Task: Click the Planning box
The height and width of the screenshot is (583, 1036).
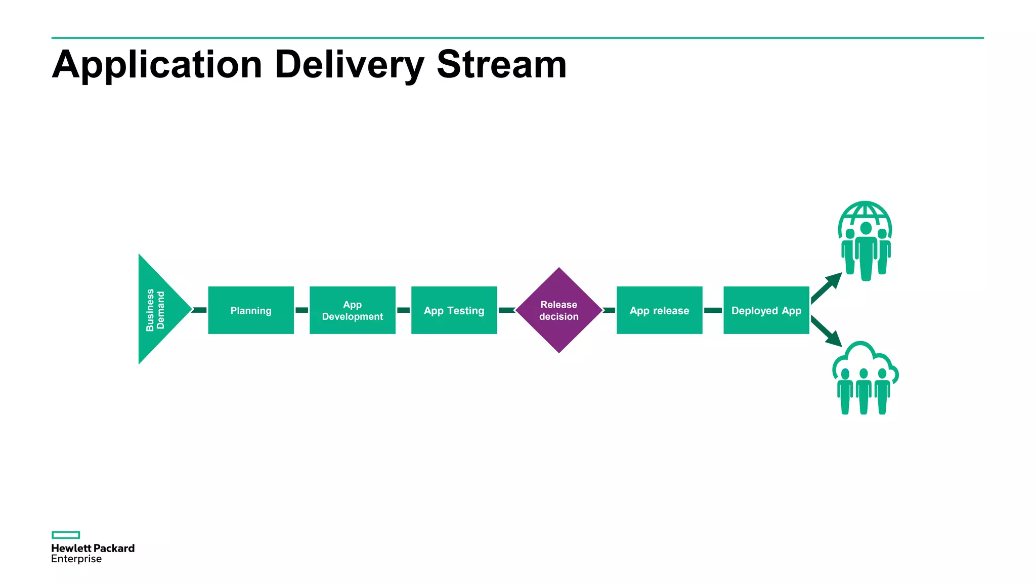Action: pos(251,310)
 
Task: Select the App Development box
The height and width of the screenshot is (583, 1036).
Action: pos(353,310)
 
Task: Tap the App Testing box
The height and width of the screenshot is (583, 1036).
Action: pos(454,310)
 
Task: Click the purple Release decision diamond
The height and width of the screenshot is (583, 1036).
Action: pos(558,310)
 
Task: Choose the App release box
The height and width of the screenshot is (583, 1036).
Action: pos(659,310)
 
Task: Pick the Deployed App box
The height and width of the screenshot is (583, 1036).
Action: pos(766,310)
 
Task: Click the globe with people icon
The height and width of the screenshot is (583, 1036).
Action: pos(865,241)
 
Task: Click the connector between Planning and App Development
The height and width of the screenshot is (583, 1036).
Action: pos(301,310)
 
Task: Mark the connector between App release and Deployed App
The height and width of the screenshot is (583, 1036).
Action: pos(713,310)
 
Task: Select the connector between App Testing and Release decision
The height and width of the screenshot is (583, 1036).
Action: pos(506,310)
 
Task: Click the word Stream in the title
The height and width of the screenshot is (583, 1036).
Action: pos(501,65)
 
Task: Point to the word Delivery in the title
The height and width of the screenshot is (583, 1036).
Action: pos(349,65)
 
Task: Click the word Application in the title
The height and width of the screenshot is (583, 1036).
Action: pos(157,65)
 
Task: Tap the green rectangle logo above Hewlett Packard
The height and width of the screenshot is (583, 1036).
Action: pos(66,535)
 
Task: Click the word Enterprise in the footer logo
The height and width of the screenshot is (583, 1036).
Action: pos(76,559)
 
